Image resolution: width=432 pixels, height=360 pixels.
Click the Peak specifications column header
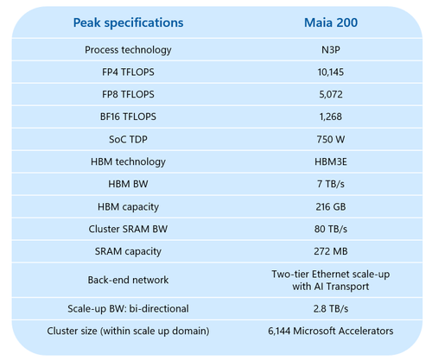coord(128,21)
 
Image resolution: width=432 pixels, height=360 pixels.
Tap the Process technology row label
coord(128,50)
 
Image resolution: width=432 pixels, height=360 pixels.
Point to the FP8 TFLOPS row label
coord(128,94)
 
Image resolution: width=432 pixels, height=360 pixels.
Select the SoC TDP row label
coord(128,139)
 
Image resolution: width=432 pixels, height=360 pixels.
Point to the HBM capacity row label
coord(128,205)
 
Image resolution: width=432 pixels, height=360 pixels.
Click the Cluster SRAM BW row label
coord(128,228)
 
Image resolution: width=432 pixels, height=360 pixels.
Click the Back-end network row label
coord(128,279)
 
